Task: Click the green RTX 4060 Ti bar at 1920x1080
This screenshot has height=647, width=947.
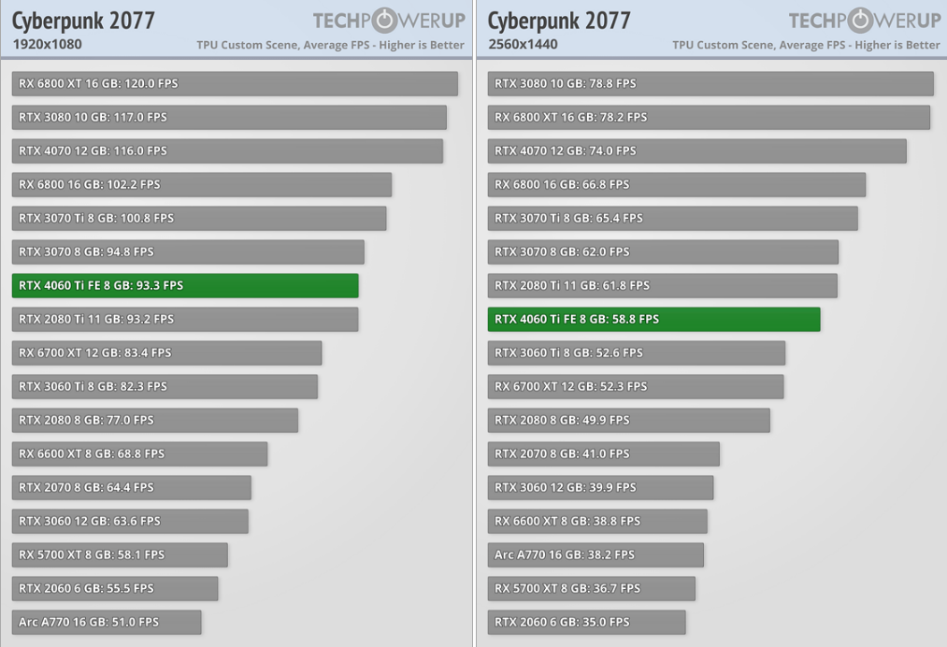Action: tap(185, 285)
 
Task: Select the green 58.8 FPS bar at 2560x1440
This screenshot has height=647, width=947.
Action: tap(653, 319)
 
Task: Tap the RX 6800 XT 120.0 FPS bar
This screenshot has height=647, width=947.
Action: tap(235, 83)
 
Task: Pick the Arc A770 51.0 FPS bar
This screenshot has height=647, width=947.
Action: tap(107, 622)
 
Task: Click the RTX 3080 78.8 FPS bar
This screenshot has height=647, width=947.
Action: tap(710, 83)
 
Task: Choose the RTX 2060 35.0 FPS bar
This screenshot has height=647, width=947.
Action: tap(586, 622)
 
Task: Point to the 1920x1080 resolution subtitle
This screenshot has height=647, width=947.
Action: tap(47, 44)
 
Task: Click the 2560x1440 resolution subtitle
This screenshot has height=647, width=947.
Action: tap(523, 44)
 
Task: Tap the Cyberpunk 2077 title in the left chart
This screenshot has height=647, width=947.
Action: tap(83, 21)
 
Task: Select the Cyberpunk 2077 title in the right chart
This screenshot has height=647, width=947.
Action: tap(559, 21)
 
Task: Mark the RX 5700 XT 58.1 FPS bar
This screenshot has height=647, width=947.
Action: tap(120, 554)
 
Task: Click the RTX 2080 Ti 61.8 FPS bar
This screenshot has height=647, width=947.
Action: tap(663, 285)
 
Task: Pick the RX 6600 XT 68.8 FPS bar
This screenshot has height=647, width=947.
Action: tap(140, 453)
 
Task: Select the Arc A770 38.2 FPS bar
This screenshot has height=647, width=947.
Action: tap(595, 554)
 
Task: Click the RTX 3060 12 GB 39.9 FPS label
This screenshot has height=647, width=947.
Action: tap(565, 487)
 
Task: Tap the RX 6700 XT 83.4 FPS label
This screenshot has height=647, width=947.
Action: tap(94, 352)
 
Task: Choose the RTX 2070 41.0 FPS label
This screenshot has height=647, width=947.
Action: tap(561, 453)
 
